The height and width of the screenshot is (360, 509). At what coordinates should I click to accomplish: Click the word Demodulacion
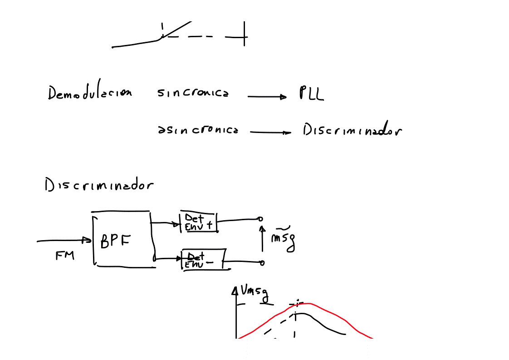(90, 93)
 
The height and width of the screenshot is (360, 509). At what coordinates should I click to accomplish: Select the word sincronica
(193, 93)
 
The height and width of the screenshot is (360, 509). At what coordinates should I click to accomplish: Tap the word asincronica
(198, 130)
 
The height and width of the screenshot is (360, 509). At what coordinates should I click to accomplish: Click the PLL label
(311, 94)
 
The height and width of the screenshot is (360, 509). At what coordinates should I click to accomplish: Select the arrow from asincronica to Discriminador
(270, 133)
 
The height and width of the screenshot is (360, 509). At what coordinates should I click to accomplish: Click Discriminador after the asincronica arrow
(352, 130)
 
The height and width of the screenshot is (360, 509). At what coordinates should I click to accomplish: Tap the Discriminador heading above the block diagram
(99, 186)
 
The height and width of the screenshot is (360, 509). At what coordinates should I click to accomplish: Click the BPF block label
(115, 241)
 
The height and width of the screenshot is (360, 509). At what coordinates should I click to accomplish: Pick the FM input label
(65, 256)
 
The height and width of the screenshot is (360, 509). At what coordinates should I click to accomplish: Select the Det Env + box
(199, 222)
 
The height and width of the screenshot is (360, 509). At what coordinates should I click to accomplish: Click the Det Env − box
(204, 260)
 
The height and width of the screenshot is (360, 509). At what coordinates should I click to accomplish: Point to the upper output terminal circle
(260, 219)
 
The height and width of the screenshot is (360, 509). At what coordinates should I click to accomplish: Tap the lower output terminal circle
(262, 262)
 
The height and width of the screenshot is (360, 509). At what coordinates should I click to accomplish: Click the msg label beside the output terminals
(283, 238)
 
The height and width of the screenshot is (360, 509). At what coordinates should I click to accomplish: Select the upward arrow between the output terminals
(262, 238)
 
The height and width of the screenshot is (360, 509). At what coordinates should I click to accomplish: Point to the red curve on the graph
(345, 318)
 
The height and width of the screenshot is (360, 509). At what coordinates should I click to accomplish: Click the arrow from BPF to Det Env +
(166, 223)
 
